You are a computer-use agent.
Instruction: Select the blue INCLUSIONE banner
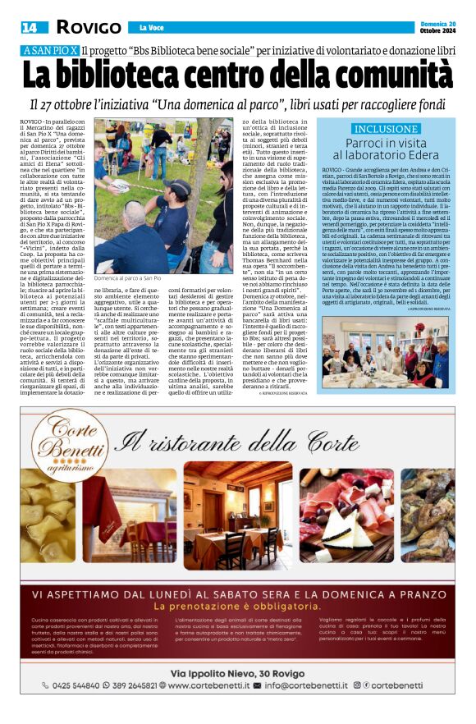386,129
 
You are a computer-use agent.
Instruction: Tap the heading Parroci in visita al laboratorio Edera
386,149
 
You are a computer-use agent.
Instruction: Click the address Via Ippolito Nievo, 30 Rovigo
238,673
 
